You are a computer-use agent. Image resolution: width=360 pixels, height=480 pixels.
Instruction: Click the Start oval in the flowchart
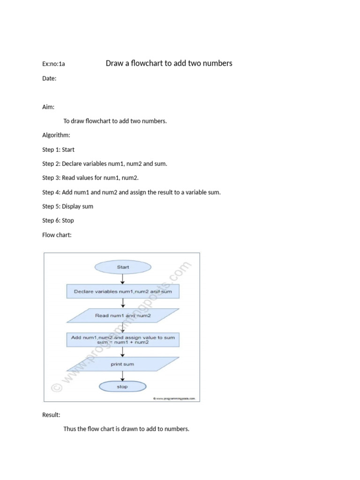pyautogui.click(x=123, y=267)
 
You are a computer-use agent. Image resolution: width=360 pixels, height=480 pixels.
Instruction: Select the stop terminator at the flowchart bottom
pyautogui.click(x=122, y=387)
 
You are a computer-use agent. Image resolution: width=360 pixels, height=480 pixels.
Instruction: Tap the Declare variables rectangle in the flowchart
pyautogui.click(x=123, y=292)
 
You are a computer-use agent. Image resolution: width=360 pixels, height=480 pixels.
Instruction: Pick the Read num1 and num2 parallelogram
pyautogui.click(x=123, y=315)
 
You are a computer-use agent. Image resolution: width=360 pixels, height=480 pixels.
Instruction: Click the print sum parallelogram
pyautogui.click(x=123, y=364)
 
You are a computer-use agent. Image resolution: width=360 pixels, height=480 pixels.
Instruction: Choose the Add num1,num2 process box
pyautogui.click(x=123, y=340)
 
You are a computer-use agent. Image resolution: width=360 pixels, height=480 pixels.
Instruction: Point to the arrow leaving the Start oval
pyautogui.click(x=122, y=279)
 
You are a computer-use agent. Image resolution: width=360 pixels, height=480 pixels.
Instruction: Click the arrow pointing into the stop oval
pyautogui.click(x=122, y=376)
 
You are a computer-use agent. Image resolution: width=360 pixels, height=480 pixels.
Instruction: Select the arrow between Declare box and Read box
pyautogui.click(x=122, y=303)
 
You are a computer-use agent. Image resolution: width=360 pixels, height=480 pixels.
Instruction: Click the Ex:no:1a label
pyautogui.click(x=53, y=64)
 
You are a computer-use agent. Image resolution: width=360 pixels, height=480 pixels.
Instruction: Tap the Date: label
pyautogui.click(x=49, y=78)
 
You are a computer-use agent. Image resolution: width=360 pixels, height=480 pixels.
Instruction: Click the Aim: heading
pyautogui.click(x=48, y=107)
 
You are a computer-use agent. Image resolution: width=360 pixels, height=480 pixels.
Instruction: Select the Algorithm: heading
pyautogui.click(x=56, y=135)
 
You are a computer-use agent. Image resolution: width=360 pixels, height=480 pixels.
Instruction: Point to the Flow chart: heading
pyautogui.click(x=57, y=235)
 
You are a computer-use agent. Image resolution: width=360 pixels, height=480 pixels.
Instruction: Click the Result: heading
pyautogui.click(x=51, y=415)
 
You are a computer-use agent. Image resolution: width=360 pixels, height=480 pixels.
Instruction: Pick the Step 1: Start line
pyautogui.click(x=58, y=150)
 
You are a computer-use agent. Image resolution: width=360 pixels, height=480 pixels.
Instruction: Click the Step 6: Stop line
pyautogui.click(x=58, y=220)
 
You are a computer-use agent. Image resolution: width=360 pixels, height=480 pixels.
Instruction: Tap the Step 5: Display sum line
pyautogui.click(x=67, y=206)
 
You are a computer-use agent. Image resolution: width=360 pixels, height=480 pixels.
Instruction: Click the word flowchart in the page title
pyautogui.click(x=147, y=63)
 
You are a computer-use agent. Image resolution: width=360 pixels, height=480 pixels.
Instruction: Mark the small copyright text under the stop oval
pyautogui.click(x=174, y=398)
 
